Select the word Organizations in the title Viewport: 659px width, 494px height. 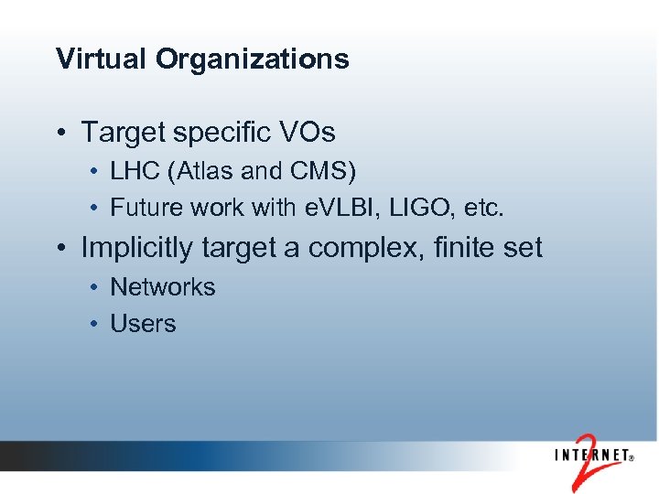[x=252, y=59]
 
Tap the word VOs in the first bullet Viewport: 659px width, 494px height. [x=308, y=133]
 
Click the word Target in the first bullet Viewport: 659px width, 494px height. [x=121, y=133]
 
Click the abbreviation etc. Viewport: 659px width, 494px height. [x=483, y=208]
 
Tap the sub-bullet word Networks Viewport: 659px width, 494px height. [x=162, y=287]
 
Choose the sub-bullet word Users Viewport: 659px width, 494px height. [x=143, y=324]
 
